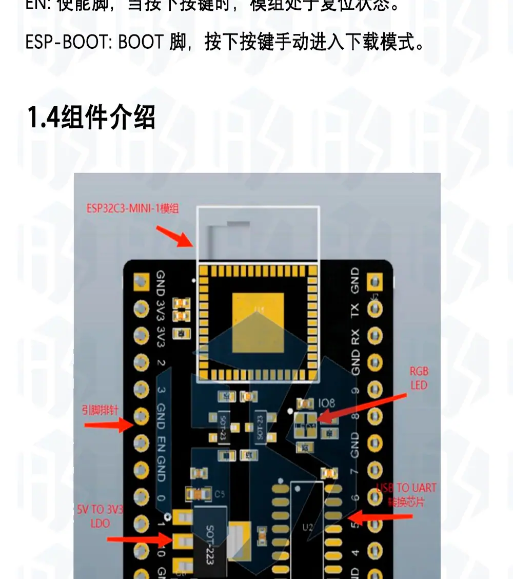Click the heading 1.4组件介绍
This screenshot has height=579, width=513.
point(91,118)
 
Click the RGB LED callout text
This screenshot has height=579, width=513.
point(419,378)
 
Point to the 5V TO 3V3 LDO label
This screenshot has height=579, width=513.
point(100,516)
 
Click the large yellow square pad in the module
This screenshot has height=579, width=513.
point(258,323)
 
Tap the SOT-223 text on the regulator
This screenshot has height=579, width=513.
point(210,544)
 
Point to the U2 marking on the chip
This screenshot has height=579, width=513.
point(308,527)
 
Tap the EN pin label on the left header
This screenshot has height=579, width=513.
point(161,443)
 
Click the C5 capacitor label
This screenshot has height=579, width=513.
point(220,494)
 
